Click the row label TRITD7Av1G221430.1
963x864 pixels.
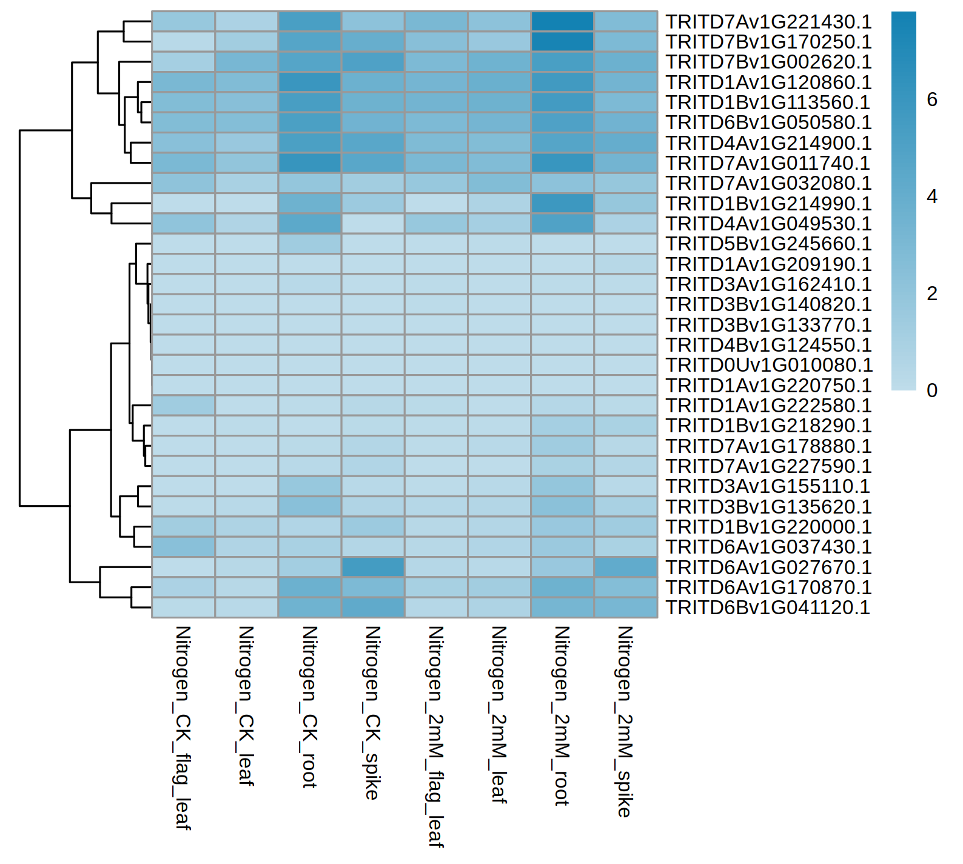click(768, 22)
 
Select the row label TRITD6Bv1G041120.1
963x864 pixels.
click(768, 608)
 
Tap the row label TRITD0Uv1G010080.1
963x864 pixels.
click(769, 365)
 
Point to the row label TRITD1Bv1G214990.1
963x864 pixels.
click(768, 204)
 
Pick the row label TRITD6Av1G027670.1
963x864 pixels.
click(768, 568)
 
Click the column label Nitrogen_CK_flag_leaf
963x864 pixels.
click(183, 728)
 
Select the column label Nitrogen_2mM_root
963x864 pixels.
click(562, 715)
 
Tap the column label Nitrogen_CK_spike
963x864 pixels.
click(373, 712)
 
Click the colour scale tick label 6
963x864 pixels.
click(932, 99)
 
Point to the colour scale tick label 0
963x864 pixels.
click(932, 390)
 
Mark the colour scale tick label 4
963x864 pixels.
click(932, 196)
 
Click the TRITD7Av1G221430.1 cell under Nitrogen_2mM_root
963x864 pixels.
click(562, 22)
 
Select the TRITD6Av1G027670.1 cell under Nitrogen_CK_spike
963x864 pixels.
click(373, 568)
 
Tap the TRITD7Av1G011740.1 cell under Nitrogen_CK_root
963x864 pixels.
click(310, 163)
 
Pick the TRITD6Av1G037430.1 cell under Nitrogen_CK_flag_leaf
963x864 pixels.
click(184, 547)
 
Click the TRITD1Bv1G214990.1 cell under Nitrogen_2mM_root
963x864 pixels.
click(562, 204)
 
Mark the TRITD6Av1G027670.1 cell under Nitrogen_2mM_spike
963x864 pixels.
click(626, 568)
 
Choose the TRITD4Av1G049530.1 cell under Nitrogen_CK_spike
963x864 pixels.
click(373, 224)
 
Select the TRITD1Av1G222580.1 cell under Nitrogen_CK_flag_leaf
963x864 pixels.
click(184, 406)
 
